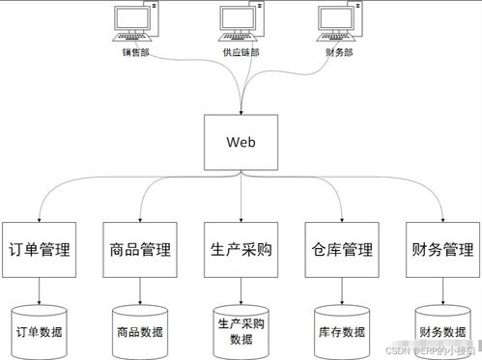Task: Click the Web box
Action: point(241,142)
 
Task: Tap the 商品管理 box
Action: point(139,251)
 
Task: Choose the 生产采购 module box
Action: point(240,251)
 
